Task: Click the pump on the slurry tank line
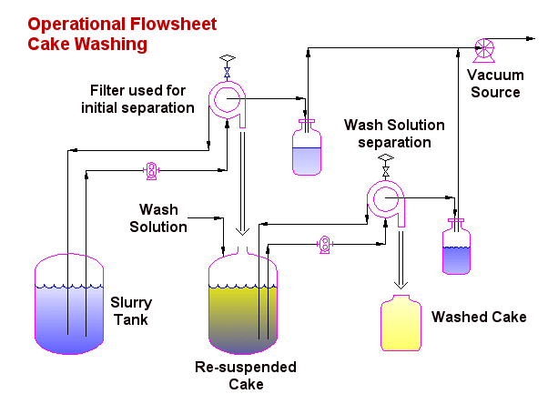(152, 169)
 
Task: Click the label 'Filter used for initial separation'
(142, 99)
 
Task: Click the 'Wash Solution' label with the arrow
(164, 218)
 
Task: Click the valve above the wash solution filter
(386, 167)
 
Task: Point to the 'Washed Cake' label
(479, 318)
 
